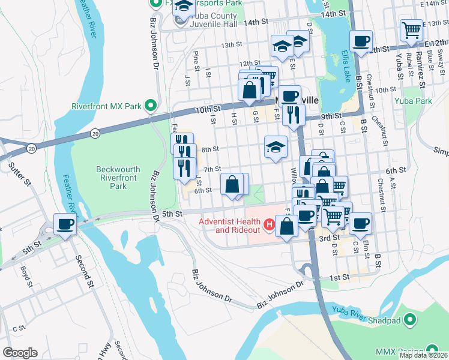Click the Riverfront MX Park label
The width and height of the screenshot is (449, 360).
[x=106, y=106]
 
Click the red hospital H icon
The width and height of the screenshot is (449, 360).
[x=270, y=226]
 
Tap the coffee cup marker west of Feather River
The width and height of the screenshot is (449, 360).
[x=65, y=225]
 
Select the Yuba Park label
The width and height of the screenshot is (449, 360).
[x=413, y=101]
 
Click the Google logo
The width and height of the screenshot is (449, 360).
[x=19, y=353]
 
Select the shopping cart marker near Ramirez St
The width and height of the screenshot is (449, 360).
[x=411, y=30]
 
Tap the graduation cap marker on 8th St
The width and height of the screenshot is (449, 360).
[x=275, y=147]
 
